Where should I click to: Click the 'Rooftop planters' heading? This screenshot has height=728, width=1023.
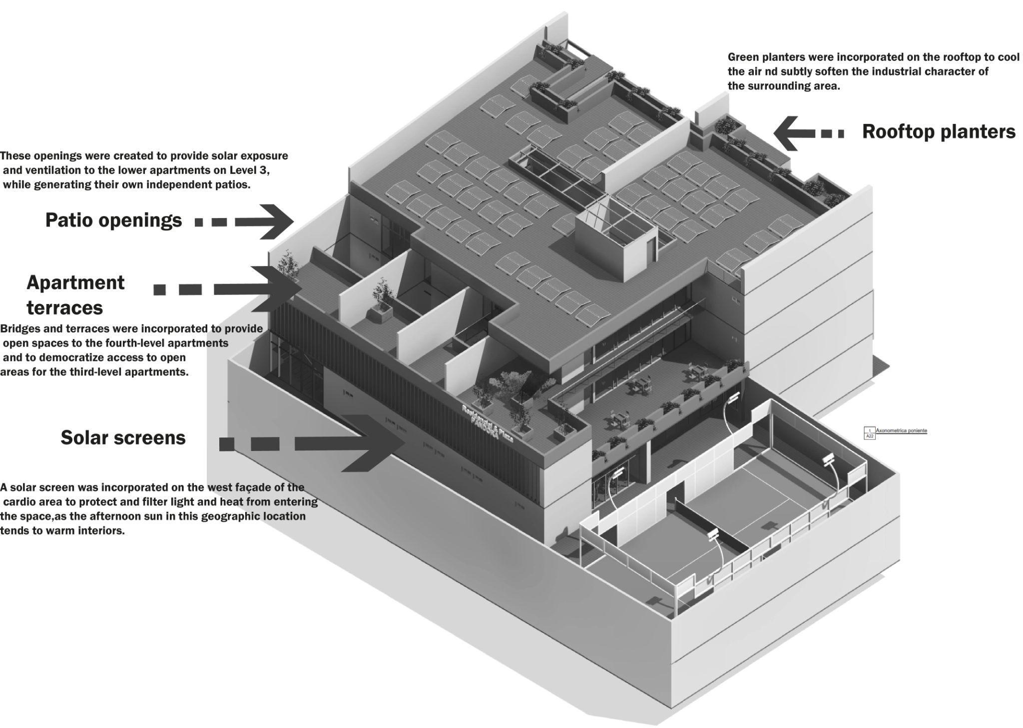939,131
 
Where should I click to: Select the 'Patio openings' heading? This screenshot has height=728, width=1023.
113,220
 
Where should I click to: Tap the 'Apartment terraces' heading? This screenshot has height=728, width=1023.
75,295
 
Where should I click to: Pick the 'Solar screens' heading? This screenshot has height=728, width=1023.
123,438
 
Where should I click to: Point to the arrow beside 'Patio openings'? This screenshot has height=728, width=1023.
245,221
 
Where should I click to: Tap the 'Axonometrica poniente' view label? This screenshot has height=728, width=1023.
901,430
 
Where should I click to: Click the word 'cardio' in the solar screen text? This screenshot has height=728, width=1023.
23,501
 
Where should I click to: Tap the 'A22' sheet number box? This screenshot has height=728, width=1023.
870,436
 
